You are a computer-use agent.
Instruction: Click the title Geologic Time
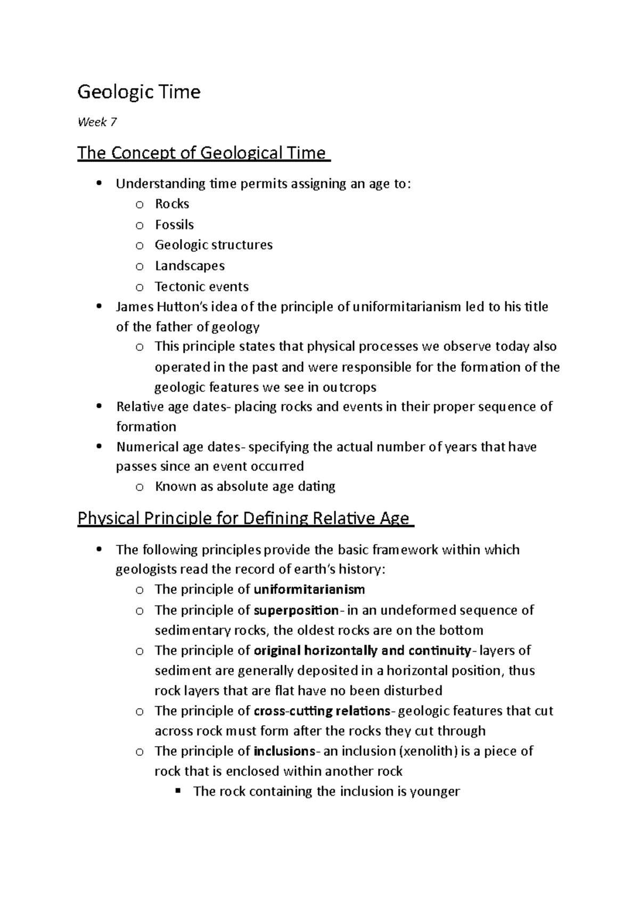click(x=139, y=92)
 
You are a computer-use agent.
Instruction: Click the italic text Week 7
click(x=97, y=123)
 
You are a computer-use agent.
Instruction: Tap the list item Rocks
click(x=172, y=204)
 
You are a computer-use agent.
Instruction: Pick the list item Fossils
click(x=174, y=224)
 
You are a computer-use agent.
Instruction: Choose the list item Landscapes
click(x=190, y=265)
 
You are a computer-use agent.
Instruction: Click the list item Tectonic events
click(x=201, y=286)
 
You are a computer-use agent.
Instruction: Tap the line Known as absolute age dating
click(x=245, y=486)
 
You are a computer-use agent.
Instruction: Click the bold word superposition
click(x=296, y=610)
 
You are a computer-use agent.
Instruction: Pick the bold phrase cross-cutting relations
click(x=323, y=711)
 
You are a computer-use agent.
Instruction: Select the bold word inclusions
click(x=285, y=751)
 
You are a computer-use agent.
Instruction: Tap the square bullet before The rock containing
click(x=178, y=790)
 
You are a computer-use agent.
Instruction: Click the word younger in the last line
click(x=435, y=791)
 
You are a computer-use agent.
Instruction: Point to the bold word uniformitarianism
click(x=309, y=589)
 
